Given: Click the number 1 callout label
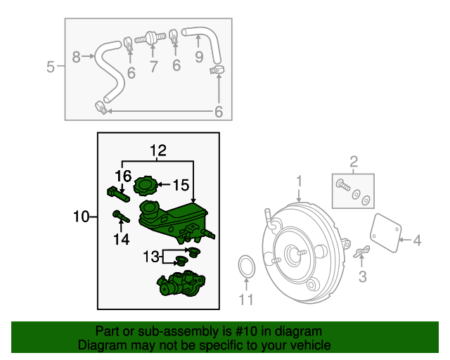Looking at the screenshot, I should coord(299,181).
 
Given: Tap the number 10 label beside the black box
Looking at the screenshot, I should coord(82,217).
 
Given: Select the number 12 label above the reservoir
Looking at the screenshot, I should coord(157,150).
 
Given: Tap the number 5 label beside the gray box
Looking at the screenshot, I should coord(50,67).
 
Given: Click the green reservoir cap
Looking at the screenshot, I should coord(146,187).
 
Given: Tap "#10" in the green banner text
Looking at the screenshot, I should coord(241,331).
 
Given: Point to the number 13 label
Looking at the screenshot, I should coord(152,257).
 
